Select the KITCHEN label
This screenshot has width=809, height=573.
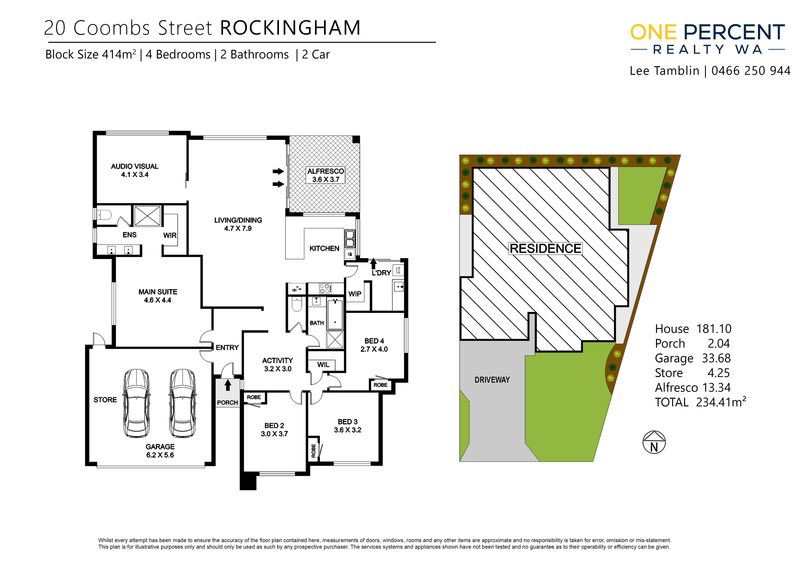coord(324,248)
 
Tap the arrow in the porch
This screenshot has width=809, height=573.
coord(228,385)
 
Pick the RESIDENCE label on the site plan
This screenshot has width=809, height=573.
coord(545,248)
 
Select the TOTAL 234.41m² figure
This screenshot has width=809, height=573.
coord(701,402)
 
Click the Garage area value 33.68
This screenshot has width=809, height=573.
coord(716,358)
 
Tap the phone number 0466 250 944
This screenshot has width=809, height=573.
coord(751,71)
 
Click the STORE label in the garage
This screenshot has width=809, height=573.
coord(105,400)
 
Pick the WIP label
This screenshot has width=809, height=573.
coord(355,294)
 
